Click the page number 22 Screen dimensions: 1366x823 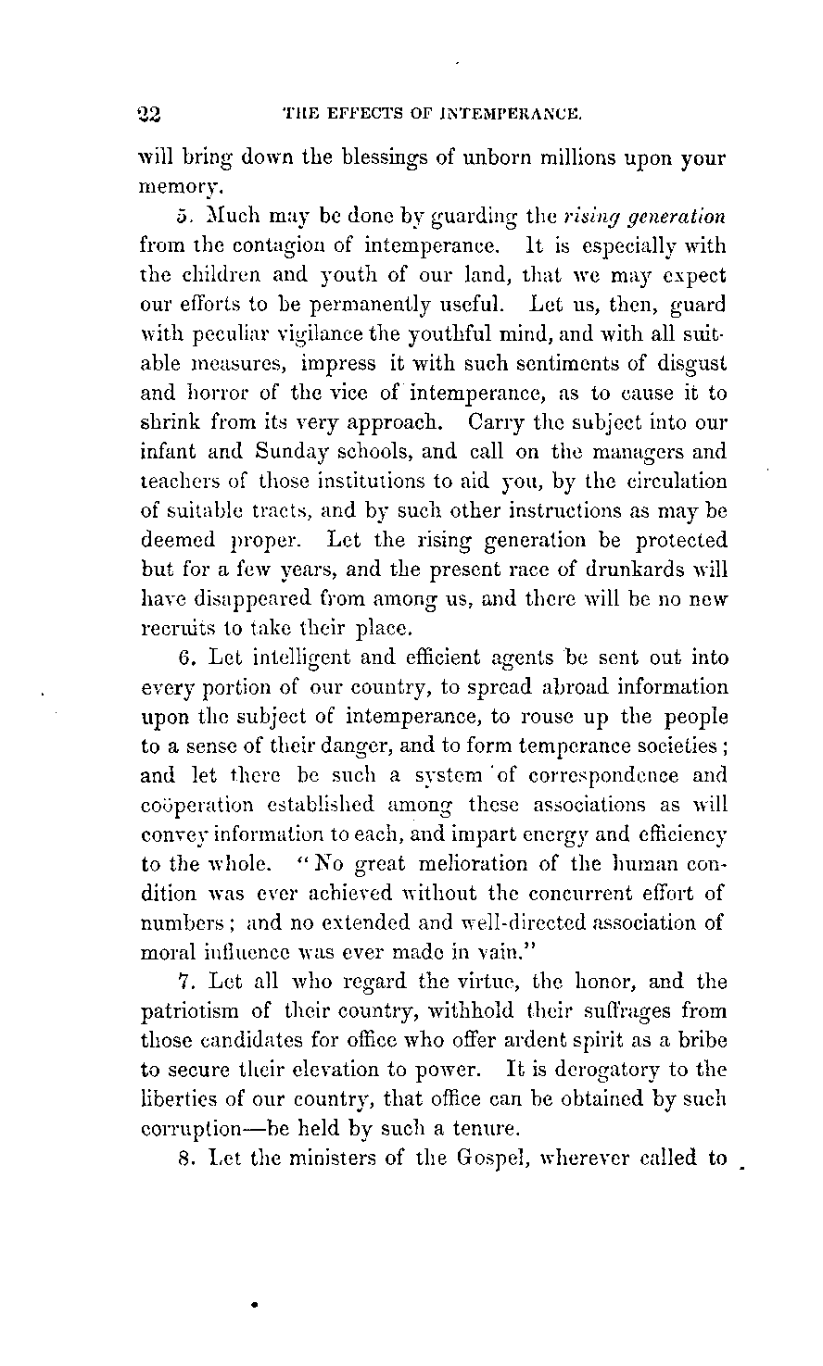(148, 115)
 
